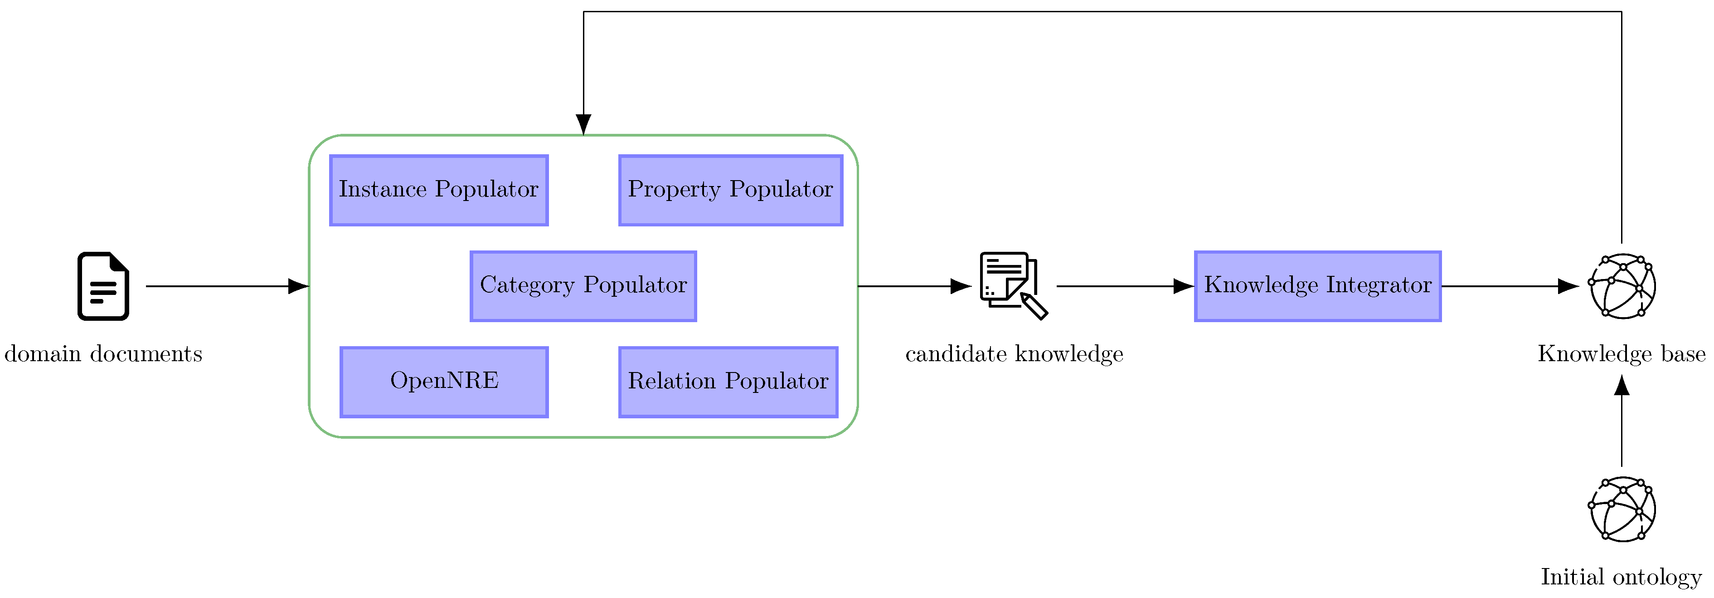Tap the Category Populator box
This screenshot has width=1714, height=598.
[x=583, y=286]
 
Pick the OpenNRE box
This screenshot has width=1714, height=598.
[x=444, y=382]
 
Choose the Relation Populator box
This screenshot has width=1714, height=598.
[x=728, y=382]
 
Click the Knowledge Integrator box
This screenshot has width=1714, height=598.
[x=1317, y=286]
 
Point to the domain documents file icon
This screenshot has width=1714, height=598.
[x=103, y=286]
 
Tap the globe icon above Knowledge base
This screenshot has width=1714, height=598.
[x=1622, y=286]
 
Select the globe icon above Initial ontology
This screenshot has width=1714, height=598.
[x=1622, y=510]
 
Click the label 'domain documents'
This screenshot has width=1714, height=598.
[x=103, y=353]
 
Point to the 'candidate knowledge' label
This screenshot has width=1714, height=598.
[x=1014, y=353]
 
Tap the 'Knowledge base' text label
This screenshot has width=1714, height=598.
[x=1622, y=353]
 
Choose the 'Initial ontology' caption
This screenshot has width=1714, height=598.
[x=1622, y=577]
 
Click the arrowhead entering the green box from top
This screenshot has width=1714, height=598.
[x=583, y=124]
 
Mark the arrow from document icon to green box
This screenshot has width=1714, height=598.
[x=226, y=286]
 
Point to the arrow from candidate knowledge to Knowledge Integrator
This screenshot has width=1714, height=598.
[x=1125, y=286]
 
